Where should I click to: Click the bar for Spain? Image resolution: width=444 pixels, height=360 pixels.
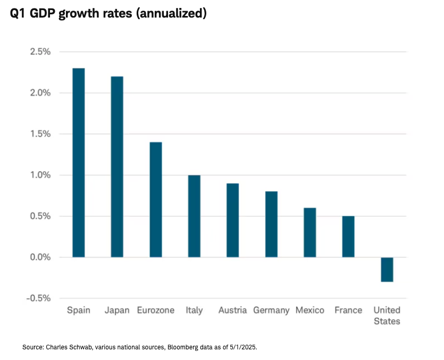79,163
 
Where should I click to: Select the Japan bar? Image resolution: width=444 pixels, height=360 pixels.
117,167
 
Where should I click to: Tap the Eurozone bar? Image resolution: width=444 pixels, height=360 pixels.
155,199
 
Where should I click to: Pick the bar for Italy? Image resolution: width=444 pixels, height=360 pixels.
194,216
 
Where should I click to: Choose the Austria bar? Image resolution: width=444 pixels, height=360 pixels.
232,220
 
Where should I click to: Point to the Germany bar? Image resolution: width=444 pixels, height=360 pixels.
271,224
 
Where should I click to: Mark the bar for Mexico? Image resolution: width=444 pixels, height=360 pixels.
309,232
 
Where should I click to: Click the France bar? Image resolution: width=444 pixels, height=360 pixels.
348,237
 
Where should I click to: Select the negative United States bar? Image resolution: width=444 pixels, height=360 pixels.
387,270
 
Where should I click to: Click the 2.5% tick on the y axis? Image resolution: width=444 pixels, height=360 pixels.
40,52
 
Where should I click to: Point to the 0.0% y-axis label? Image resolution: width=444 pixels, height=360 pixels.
40,257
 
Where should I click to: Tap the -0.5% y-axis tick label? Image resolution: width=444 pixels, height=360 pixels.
38,298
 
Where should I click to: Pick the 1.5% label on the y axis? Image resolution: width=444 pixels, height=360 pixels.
40,134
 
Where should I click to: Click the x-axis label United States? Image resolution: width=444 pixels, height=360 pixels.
387,315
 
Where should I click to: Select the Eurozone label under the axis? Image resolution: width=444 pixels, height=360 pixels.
155,310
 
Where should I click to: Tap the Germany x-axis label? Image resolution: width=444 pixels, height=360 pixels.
271,310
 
